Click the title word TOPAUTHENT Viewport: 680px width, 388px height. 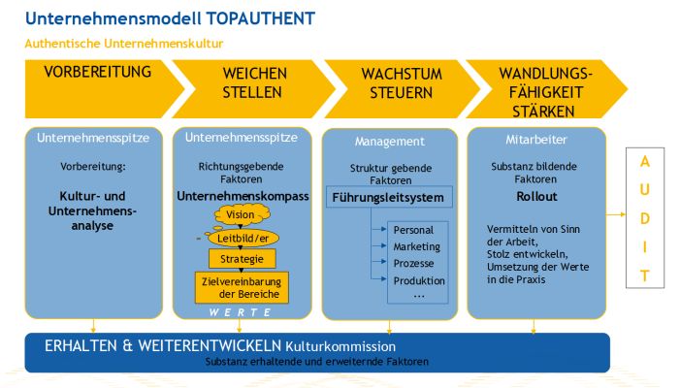pyautogui.click(x=257, y=18)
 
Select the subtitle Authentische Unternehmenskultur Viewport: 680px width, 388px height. pyautogui.click(x=124, y=44)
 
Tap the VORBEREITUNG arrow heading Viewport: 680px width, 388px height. pyautogui.click(x=98, y=73)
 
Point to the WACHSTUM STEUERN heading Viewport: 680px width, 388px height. pyautogui.click(x=395, y=83)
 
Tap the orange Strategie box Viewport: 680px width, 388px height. pyautogui.click(x=243, y=259)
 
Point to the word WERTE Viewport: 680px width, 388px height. pyautogui.click(x=241, y=313)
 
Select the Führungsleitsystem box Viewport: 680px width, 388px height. pyautogui.click(x=388, y=198)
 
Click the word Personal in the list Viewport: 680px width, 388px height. pyautogui.click(x=414, y=231)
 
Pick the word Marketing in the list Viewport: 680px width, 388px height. pyautogui.click(x=416, y=247)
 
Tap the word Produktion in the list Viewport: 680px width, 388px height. pyautogui.click(x=419, y=280)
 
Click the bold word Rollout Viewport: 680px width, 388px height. pyautogui.click(x=536, y=196)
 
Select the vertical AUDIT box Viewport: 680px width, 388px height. pyautogui.click(x=644, y=218)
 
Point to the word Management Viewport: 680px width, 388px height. pyautogui.click(x=389, y=142)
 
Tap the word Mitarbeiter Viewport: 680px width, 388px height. pyautogui.click(x=536, y=139)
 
